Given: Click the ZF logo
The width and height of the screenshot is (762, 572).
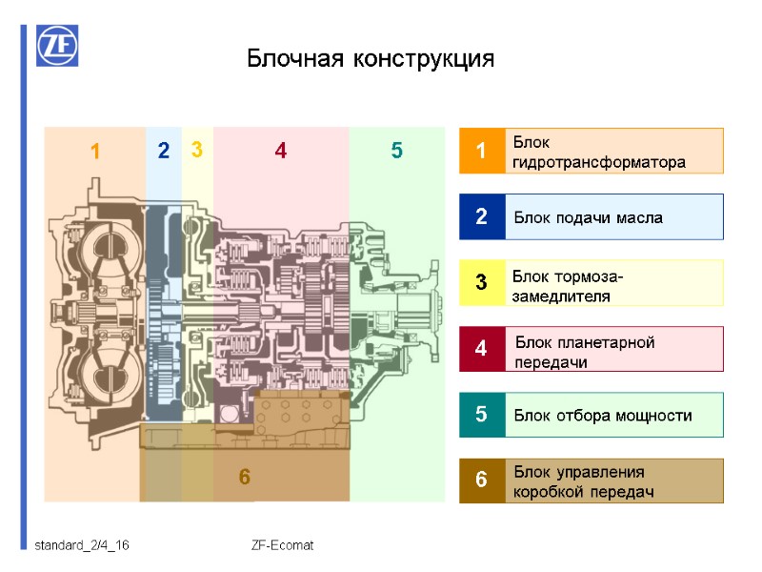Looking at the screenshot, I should click(58, 46).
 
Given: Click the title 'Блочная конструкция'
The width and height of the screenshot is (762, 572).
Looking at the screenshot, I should click(371, 58).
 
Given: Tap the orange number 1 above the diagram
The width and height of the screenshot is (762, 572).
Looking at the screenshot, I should click(95, 152).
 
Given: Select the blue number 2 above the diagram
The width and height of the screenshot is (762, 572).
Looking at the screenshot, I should click(164, 151).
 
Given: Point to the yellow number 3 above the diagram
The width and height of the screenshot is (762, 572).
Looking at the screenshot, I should click(196, 150).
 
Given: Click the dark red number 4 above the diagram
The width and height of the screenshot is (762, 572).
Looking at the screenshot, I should click(280, 151).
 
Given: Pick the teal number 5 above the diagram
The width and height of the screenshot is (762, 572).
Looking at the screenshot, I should click(397, 151).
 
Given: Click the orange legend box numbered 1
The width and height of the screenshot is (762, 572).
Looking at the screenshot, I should click(481, 151).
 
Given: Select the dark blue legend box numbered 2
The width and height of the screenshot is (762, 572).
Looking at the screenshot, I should click(481, 217).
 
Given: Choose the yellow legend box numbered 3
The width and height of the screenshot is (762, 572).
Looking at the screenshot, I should click(481, 283).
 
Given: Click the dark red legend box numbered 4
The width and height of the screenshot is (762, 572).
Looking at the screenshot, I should click(481, 349).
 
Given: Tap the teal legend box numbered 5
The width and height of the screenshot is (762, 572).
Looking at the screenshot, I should click(481, 415).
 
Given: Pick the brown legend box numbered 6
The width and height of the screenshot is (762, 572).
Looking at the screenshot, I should click(481, 480).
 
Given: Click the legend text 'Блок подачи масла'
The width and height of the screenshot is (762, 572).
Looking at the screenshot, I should click(588, 218).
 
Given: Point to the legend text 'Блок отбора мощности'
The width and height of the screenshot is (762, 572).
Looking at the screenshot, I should click(602, 416).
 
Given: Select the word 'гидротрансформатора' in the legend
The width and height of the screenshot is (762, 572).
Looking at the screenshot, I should click(598, 162).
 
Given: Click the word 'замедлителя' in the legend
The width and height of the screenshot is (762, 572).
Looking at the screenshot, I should click(560, 296).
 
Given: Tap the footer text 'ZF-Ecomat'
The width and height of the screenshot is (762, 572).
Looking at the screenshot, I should click(282, 546).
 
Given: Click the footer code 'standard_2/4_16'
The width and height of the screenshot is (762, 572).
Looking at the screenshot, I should click(82, 546).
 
